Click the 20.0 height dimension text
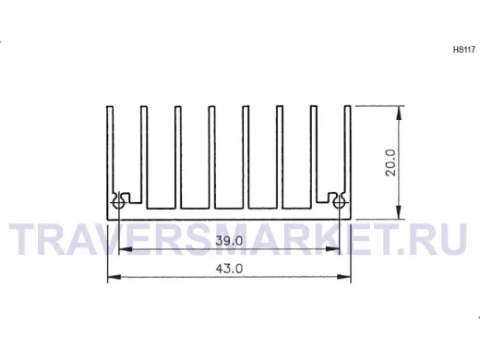coord(390,162)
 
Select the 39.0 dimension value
coord(229,240)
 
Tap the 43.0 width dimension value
coord(229,269)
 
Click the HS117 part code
coord(464,50)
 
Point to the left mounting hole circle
coord(118,203)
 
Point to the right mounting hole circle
coord(339,203)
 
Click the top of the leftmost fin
coord(110,106)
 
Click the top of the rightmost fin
coord(347,106)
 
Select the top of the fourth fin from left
coord(211,106)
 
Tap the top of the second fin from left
coord(144,106)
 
